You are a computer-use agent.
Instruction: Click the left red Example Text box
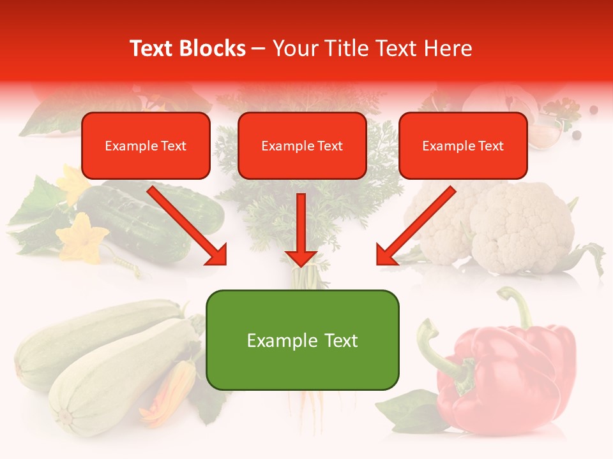tap(146, 146)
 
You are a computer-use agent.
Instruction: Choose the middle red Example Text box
tap(302, 146)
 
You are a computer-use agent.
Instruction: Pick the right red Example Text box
tap(463, 146)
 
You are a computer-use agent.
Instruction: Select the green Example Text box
tap(302, 340)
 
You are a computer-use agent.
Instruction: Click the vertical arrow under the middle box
tap(301, 229)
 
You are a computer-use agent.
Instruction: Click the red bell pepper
tap(504, 370)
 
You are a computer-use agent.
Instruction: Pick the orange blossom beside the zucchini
tap(172, 392)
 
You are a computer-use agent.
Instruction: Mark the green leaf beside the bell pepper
tap(409, 408)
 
